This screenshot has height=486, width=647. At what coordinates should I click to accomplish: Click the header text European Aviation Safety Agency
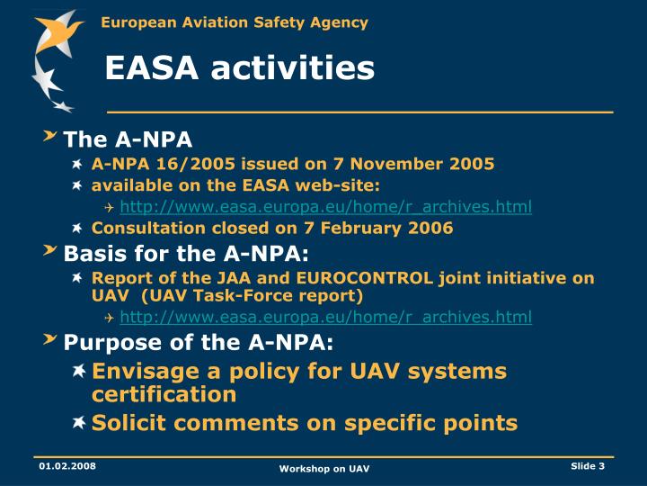click(234, 22)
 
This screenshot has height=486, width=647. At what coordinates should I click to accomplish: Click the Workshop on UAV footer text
click(323, 470)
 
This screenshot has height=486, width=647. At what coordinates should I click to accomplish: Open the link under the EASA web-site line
click(325, 207)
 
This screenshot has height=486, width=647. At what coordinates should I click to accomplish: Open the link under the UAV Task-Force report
click(325, 317)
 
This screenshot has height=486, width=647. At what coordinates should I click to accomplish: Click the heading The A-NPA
click(128, 139)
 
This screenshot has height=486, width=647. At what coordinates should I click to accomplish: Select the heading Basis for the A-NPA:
click(186, 253)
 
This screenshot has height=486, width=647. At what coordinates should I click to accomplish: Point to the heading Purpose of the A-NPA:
click(198, 342)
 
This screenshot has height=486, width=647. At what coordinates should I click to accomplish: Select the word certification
click(164, 394)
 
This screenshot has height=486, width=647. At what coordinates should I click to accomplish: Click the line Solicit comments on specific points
click(305, 423)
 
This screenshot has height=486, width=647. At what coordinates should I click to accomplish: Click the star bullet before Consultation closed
click(78, 229)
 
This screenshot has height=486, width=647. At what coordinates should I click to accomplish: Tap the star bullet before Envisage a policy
click(79, 371)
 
